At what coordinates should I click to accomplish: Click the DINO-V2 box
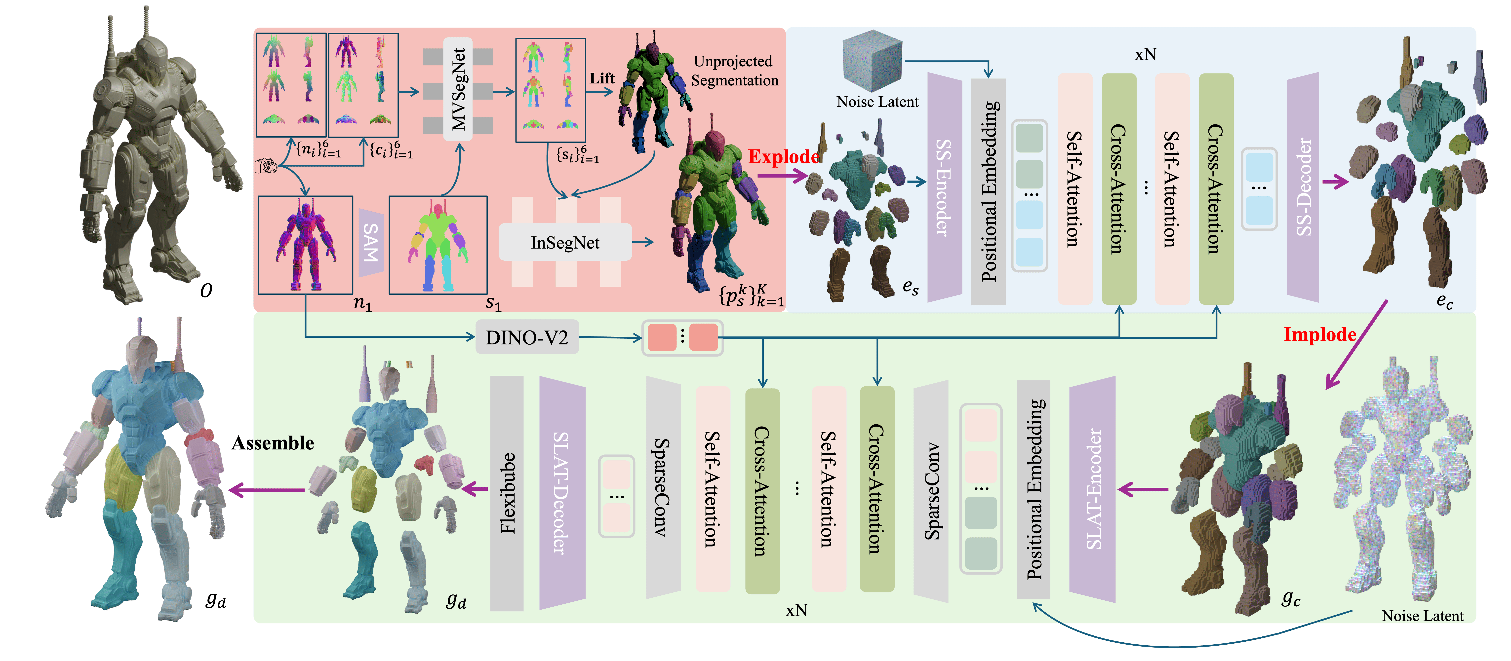(x=527, y=337)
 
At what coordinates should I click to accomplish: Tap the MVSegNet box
(x=458, y=89)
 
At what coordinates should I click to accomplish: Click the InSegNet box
(x=565, y=242)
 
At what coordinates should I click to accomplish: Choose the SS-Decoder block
(x=1303, y=188)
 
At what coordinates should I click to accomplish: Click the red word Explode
(x=784, y=157)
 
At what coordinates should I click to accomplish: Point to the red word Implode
(x=1320, y=334)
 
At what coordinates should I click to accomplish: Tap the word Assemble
(x=273, y=443)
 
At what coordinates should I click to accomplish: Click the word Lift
(x=602, y=78)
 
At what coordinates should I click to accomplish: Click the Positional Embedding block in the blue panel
(x=988, y=191)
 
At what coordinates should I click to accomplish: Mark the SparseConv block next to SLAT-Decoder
(x=663, y=488)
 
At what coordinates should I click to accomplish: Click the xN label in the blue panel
(x=1145, y=55)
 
